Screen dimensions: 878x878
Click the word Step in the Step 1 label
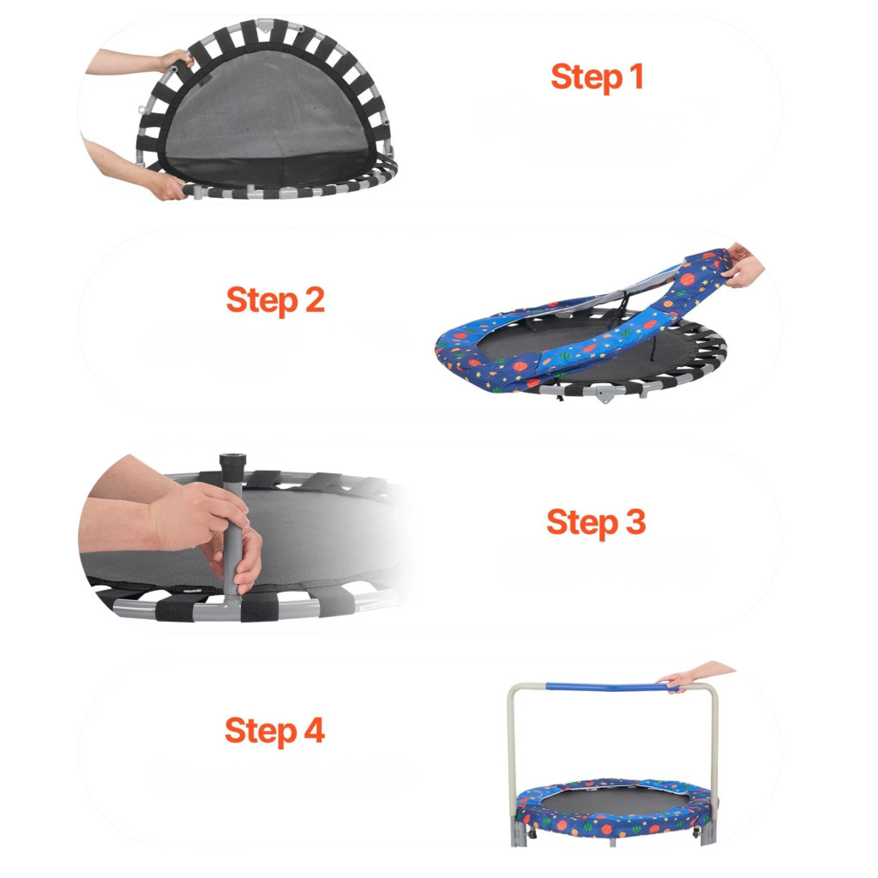586,77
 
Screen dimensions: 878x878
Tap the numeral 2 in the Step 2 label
315,299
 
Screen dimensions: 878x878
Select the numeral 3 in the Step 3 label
635,521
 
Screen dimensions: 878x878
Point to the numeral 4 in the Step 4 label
314,731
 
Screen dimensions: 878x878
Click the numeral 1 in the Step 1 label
636,76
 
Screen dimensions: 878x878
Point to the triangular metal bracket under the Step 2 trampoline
603,394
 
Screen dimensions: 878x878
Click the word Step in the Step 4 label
261,731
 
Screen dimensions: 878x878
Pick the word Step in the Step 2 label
262,301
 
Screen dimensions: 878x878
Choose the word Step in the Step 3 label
582,523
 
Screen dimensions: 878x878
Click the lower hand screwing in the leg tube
241,562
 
